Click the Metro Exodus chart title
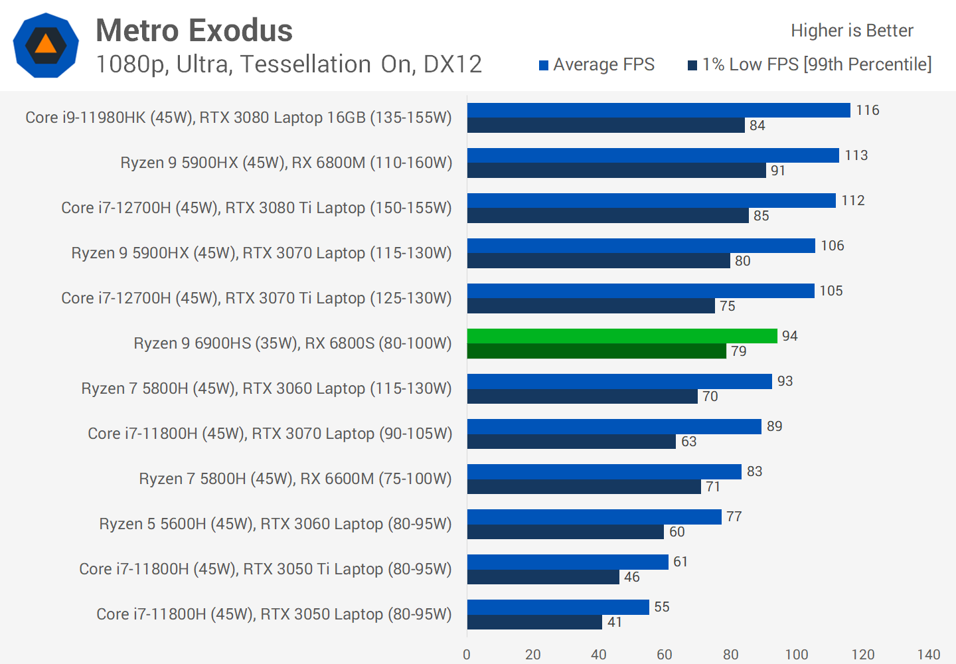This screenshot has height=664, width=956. tap(194, 31)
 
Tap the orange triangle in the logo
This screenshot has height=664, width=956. tap(46, 44)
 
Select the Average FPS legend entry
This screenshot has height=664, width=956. tap(596, 64)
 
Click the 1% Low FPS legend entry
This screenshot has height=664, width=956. tap(809, 64)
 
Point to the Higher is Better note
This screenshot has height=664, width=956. tap(852, 31)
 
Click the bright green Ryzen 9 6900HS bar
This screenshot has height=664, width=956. tap(622, 336)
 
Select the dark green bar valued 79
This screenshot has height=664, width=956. tap(596, 351)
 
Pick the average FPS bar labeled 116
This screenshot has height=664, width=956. tap(659, 110)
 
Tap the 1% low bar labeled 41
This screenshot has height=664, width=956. tap(534, 622)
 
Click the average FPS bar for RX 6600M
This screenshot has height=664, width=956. tap(604, 471)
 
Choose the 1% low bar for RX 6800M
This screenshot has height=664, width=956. tap(617, 171)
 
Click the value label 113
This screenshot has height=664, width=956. tap(856, 155)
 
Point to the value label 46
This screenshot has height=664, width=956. tap(631, 577)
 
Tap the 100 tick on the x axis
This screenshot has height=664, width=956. tap(797, 655)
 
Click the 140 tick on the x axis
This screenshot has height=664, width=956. tap(929, 655)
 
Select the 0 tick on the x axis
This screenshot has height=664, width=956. tap(467, 655)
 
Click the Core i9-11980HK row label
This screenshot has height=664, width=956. tap(238, 118)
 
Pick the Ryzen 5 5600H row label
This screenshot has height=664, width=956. tap(275, 524)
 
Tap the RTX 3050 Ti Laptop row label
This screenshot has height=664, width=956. tap(265, 569)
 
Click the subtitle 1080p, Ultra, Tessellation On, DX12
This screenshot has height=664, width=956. tap(289, 64)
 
